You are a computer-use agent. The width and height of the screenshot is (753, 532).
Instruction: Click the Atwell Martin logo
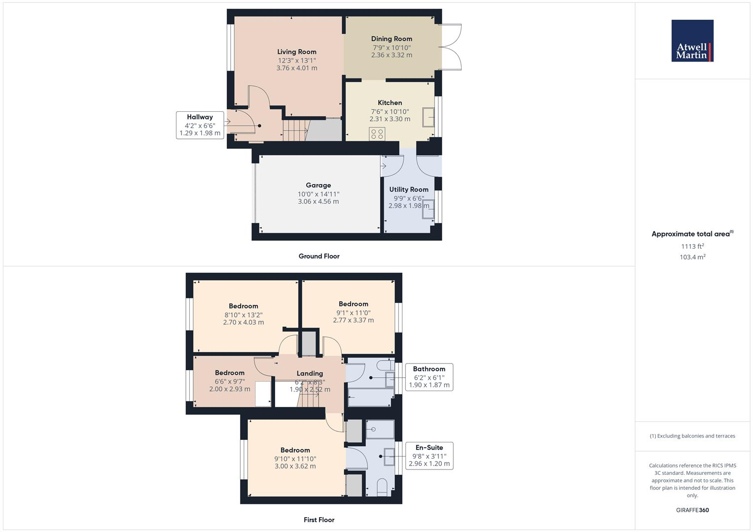(x=692, y=41)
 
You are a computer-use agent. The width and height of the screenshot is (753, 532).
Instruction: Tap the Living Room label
(x=296, y=52)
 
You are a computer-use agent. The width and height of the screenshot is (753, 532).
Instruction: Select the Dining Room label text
(x=392, y=39)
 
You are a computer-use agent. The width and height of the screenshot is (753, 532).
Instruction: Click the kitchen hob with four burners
(x=377, y=134)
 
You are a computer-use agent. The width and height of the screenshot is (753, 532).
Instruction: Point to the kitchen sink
(x=428, y=117)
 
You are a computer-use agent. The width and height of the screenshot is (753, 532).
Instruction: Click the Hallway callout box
(x=200, y=125)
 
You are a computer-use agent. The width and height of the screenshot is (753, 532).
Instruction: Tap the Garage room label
(x=318, y=186)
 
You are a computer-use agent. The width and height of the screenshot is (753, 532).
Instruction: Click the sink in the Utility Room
(x=429, y=209)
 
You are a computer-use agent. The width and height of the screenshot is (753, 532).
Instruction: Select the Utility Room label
(x=408, y=190)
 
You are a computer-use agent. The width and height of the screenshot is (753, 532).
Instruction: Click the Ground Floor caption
(x=319, y=256)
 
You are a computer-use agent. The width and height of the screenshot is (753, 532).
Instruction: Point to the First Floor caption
(x=319, y=520)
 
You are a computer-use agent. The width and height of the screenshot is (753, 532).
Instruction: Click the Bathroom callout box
(x=429, y=377)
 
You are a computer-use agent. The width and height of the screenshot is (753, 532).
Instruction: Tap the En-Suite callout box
(x=429, y=456)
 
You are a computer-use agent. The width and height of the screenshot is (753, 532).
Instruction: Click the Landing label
(x=310, y=373)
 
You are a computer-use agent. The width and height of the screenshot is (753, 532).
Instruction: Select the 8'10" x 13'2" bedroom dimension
(x=244, y=315)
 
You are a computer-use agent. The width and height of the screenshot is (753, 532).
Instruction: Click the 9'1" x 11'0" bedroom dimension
(x=353, y=312)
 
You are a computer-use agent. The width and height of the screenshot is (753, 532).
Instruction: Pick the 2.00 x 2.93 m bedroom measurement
(x=230, y=389)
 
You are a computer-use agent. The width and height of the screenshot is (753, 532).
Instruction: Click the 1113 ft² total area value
(x=692, y=246)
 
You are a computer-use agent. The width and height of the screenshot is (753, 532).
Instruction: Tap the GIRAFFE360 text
(x=692, y=510)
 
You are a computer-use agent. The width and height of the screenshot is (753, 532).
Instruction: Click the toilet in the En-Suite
(x=382, y=488)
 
